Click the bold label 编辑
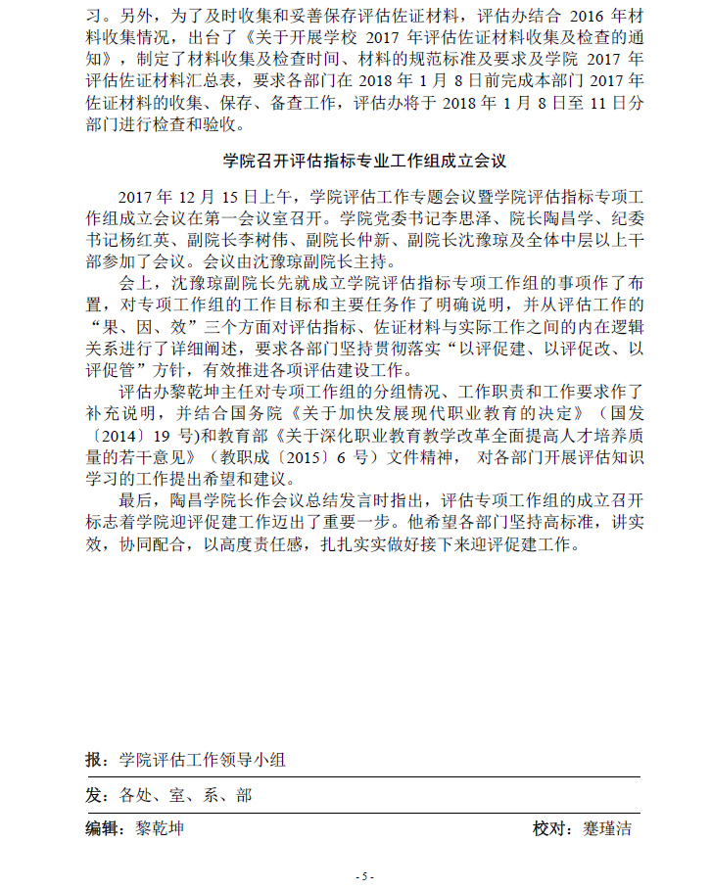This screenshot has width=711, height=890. pos(103,829)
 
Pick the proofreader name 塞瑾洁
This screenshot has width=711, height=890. pos(604,829)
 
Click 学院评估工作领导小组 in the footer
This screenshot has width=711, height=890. pos(203,760)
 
